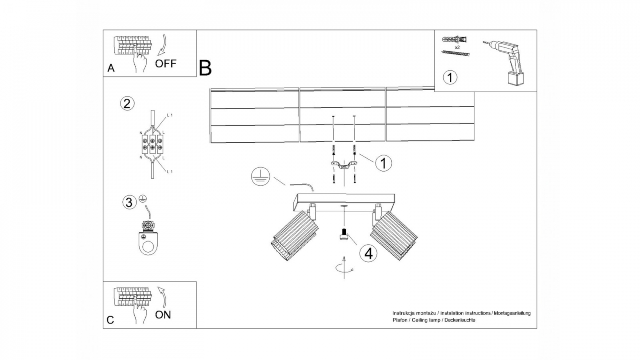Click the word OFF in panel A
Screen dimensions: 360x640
tap(165, 64)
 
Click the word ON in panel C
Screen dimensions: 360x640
tap(163, 315)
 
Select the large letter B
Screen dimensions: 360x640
tap(205, 68)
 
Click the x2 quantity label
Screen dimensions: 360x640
tap(457, 47)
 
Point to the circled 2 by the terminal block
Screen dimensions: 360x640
tap(127, 104)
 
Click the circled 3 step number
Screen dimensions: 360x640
tap(129, 203)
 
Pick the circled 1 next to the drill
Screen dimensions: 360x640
tap(450, 77)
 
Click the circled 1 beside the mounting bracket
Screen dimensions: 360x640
tap(383, 163)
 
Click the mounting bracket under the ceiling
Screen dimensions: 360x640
tap(344, 165)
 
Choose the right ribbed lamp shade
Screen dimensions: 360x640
tap(395, 236)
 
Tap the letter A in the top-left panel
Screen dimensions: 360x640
tap(111, 68)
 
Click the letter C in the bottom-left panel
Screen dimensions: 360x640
tap(111, 320)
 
